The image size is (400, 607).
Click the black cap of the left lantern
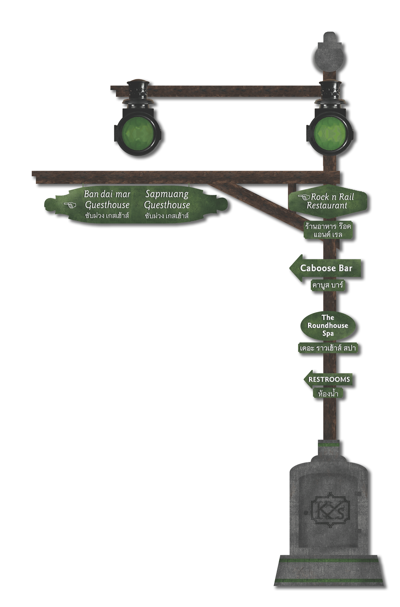click(138, 84)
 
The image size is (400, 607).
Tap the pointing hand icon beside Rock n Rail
click(304, 197)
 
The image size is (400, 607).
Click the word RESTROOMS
click(329, 380)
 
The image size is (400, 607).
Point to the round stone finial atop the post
click(329, 57)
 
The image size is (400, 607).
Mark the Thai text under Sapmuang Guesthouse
click(167, 216)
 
